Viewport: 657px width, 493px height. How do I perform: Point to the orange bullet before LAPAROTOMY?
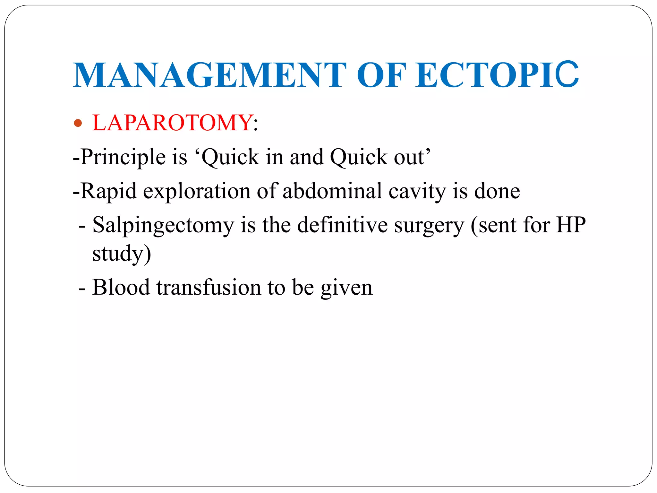(78, 123)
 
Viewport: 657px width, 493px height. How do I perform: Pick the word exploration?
(196, 191)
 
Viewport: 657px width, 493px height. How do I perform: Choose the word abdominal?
(332, 191)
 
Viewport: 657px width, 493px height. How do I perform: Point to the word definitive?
(342, 225)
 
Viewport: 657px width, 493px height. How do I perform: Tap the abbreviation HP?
(571, 224)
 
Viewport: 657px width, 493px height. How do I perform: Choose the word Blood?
(121, 287)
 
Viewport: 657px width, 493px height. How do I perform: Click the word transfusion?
(209, 287)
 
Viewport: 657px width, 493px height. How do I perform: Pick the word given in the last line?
(346, 288)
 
